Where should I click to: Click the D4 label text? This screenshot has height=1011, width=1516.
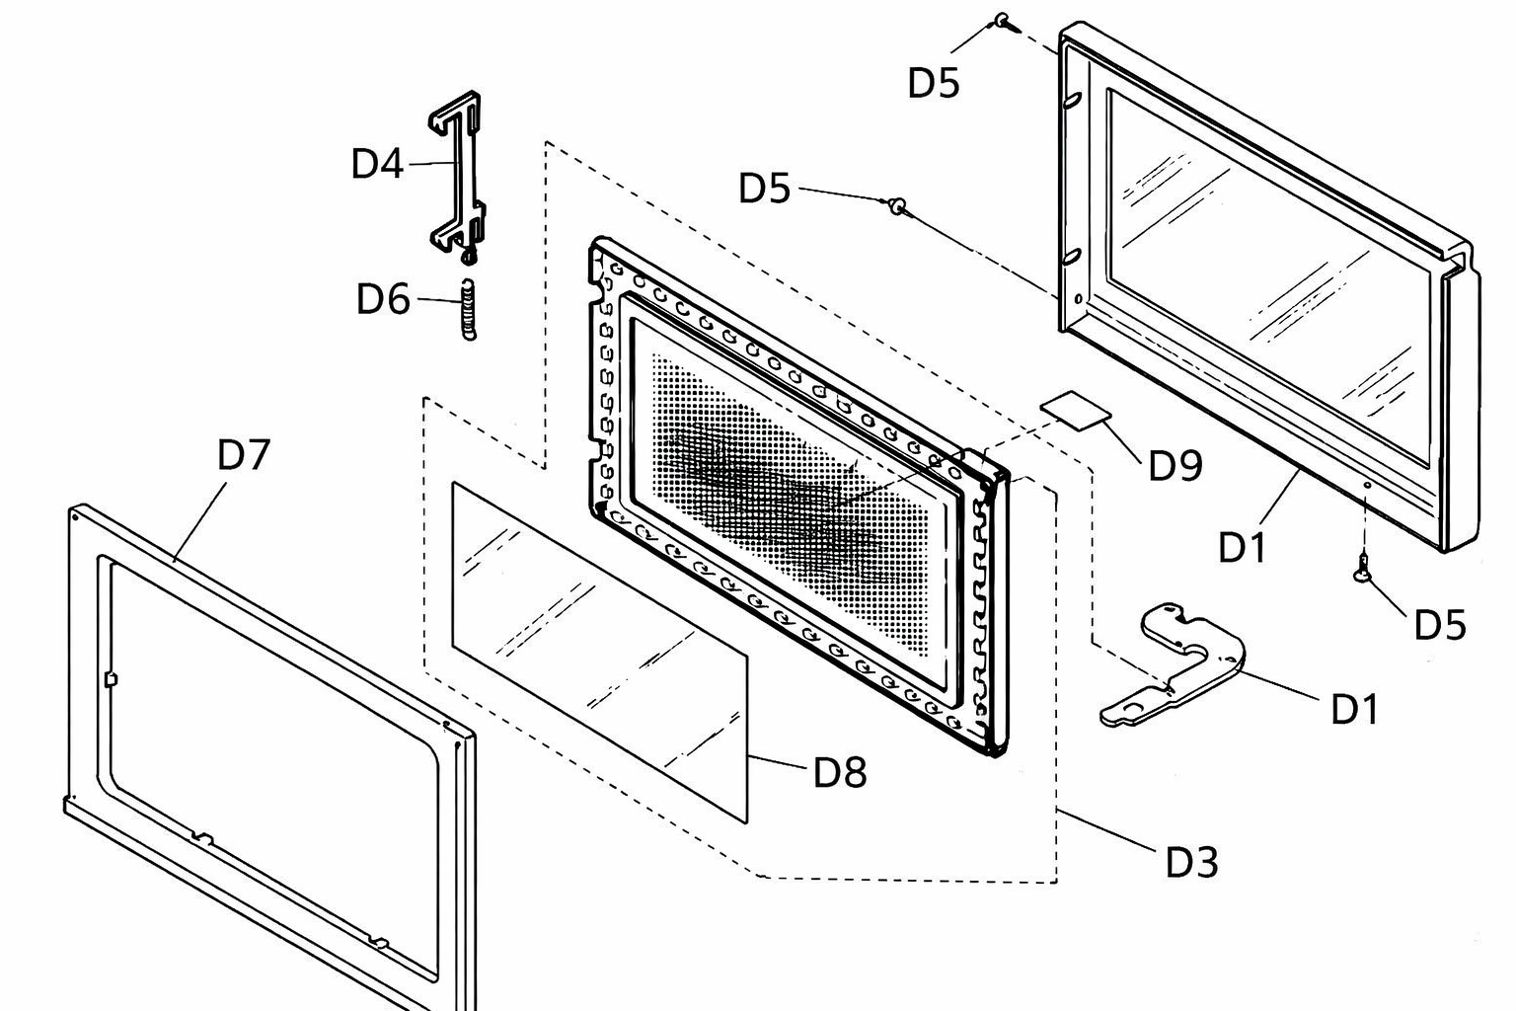[377, 163]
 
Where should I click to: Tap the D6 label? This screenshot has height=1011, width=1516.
[383, 298]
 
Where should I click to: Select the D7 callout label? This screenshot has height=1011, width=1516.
[244, 454]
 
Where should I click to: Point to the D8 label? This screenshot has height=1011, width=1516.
[840, 772]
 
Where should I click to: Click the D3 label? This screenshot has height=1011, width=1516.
[1192, 863]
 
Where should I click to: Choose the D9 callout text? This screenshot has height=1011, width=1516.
[1175, 465]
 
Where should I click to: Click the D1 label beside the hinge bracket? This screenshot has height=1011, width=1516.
[1354, 710]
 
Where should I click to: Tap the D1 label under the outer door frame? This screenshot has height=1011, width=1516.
[1242, 547]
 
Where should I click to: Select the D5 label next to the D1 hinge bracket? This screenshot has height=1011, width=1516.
[1440, 624]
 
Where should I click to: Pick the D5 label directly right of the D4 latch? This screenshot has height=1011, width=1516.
[764, 188]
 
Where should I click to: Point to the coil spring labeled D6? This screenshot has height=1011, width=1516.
[467, 309]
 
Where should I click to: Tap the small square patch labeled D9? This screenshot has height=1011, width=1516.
[1076, 409]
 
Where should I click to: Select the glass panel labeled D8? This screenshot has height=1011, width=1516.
[600, 652]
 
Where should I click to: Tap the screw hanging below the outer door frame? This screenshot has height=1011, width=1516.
[1363, 568]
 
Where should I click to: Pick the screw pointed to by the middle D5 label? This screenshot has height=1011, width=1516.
[898, 205]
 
